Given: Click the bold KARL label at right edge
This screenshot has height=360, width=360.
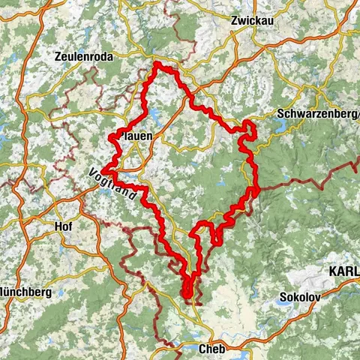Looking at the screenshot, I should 343,271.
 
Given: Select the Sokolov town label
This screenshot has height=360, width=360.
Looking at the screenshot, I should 299,296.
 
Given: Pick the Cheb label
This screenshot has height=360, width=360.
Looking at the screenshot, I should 213,349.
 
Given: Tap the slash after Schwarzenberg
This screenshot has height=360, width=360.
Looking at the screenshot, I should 357,115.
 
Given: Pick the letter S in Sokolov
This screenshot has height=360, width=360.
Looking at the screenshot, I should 281,296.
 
